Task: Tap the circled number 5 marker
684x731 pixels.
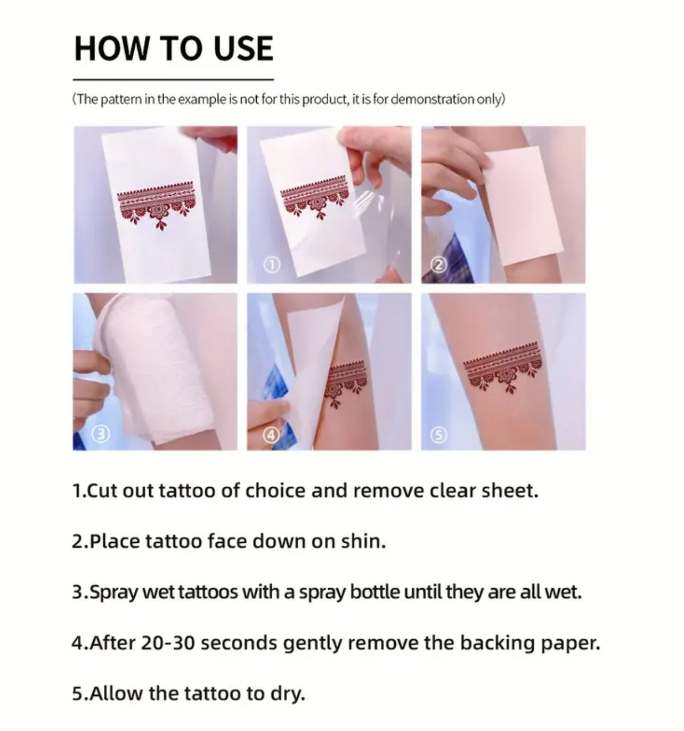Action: point(438,435)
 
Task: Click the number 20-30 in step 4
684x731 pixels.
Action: point(167,643)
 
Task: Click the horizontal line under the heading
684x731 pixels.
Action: point(174,79)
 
